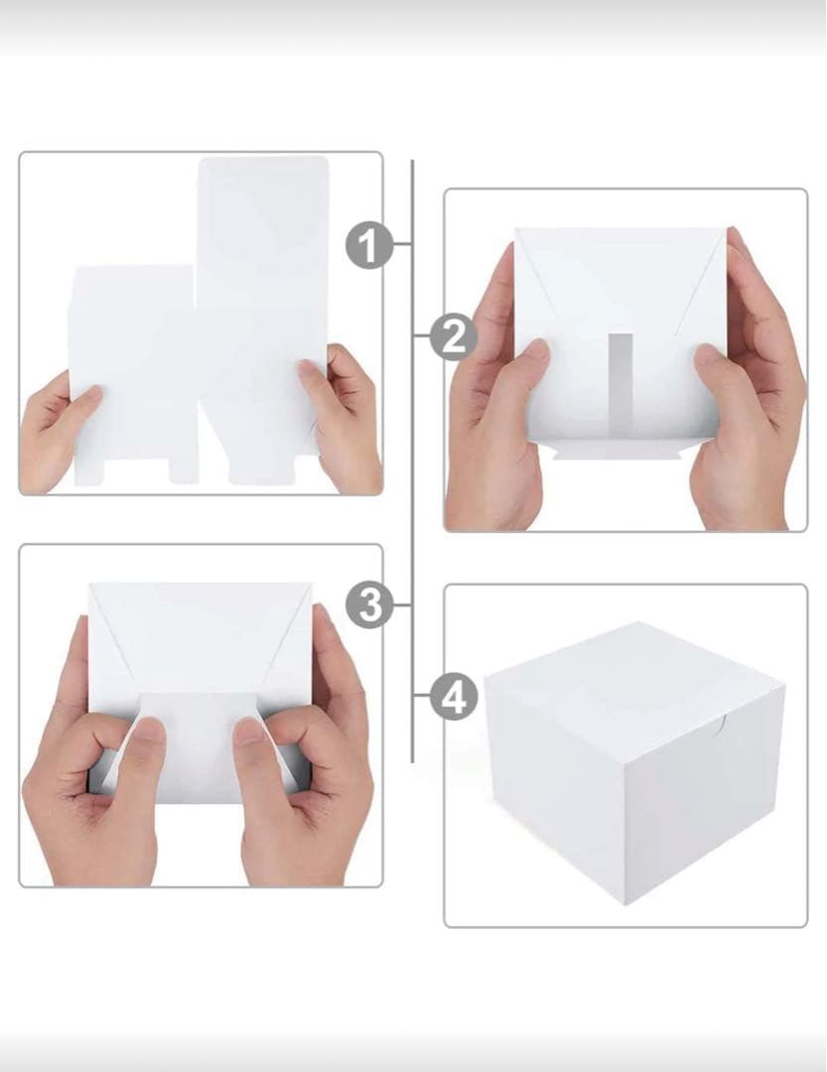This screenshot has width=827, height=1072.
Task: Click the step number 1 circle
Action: pyautogui.click(x=368, y=245)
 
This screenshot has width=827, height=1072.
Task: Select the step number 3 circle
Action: pyautogui.click(x=369, y=605)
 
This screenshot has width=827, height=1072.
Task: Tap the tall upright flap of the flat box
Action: pyautogui.click(x=263, y=320)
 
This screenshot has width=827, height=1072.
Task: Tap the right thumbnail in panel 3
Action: pyautogui.click(x=248, y=732)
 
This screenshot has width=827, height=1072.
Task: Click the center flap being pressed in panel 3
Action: pyautogui.click(x=199, y=745)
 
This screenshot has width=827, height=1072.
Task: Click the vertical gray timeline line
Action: pyautogui.click(x=412, y=461)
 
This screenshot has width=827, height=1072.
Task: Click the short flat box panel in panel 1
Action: pyautogui.click(x=132, y=372)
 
